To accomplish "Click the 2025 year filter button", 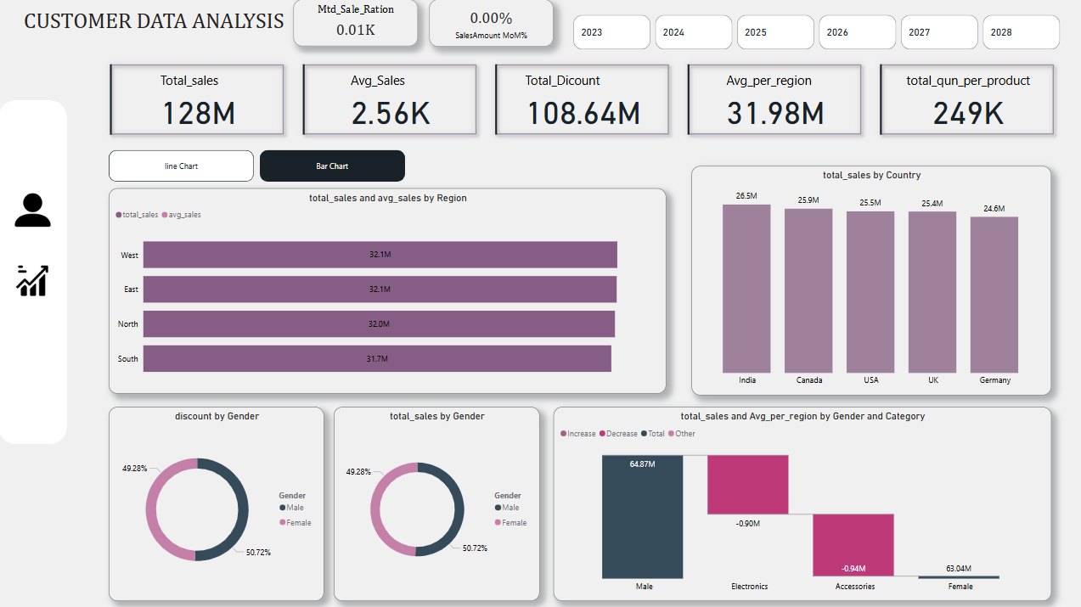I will pos(775,32).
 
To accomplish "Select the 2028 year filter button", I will pos(1021,32).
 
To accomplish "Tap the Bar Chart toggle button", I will pos(332,166).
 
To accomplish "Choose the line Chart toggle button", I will pos(181,166).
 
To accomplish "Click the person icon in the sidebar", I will pos(32,211).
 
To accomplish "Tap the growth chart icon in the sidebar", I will pos(32,280).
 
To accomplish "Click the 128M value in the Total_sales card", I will pos(199,113).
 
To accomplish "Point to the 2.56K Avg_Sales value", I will pos(391,113).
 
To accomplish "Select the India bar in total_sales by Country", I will pos(746,289).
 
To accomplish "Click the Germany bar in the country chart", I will pos(994,295).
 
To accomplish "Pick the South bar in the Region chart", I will pos(377,358).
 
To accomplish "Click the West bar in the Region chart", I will pos(380,255).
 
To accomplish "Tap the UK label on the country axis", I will pos(933,380).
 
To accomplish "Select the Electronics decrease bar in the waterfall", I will pos(748,484).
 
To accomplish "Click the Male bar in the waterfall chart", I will pos(642,516).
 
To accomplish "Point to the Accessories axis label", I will pos(853,586).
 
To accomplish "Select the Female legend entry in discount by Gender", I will pos(298,523).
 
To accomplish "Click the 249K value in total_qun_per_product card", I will pos(968,113).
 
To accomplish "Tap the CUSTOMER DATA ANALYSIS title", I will pos(154,21).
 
